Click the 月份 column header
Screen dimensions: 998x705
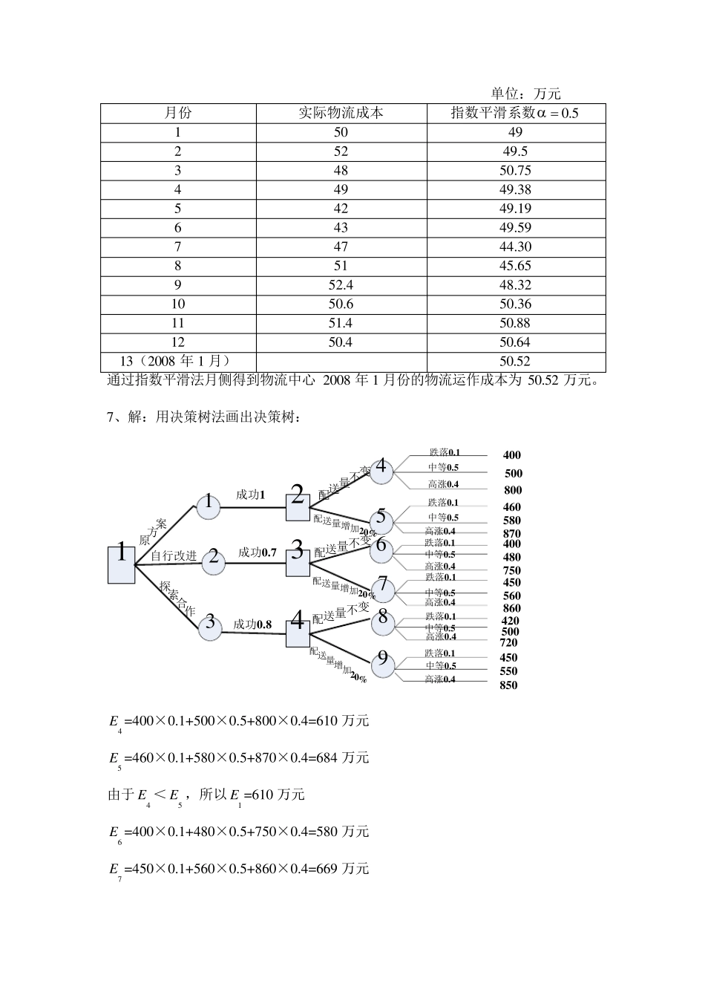tap(178, 113)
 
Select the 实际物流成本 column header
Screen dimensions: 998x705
tap(341, 113)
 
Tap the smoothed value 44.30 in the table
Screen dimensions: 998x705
tap(516, 247)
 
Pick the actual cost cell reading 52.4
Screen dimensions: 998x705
tap(341, 285)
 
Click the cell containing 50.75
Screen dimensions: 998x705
tap(516, 170)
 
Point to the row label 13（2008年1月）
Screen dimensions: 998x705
tap(171, 361)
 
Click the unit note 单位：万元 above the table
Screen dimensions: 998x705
tap(525, 94)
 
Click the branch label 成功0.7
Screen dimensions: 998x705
tap(258, 552)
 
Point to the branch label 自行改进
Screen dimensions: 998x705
tap(174, 555)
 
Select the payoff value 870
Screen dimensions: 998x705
tap(512, 533)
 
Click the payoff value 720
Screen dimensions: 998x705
tap(508, 642)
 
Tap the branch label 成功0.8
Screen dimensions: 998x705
tap(252, 624)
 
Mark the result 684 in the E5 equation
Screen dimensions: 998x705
tap(326, 758)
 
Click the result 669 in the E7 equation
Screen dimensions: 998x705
tap(326, 869)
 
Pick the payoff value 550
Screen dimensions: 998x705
tap(508, 671)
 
